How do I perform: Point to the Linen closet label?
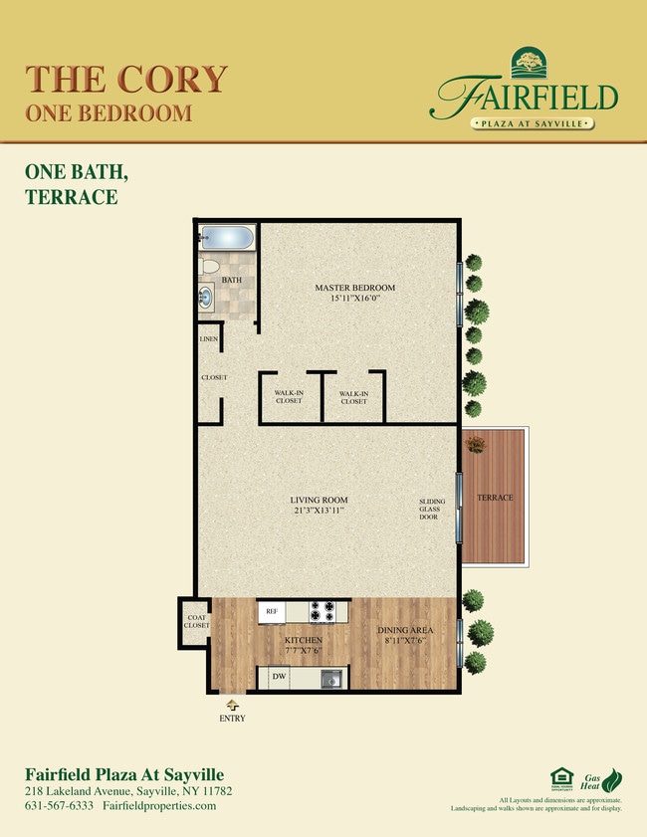point(209,339)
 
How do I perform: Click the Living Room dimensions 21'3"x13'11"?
point(320,511)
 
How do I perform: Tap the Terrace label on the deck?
point(495,498)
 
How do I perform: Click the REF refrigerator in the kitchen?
point(271,610)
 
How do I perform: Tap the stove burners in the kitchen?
point(323,610)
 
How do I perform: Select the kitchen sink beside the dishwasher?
point(332,679)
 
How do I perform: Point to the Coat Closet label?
point(197,621)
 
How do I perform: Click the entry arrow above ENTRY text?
point(233,704)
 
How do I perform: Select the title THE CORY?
point(126,78)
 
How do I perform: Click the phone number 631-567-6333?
point(59,805)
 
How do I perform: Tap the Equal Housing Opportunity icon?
point(560,777)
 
